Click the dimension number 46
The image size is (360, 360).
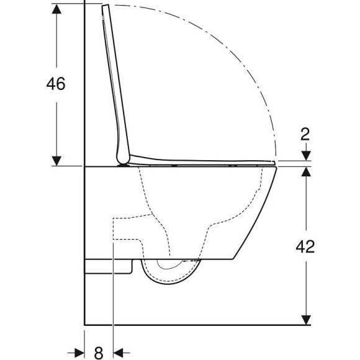point(56,83)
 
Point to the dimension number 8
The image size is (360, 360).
point(99,352)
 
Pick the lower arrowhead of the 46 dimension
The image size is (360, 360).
point(57,161)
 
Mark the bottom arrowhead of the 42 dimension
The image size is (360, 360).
point(305,320)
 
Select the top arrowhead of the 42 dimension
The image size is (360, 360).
point(305,171)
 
